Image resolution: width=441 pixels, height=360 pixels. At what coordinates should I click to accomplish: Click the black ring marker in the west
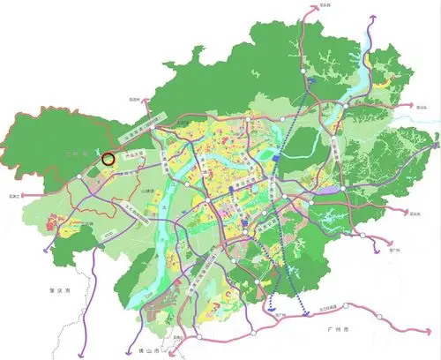coord(108,160)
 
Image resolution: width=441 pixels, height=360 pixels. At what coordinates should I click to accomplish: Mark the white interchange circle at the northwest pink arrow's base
coord(153,127)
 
